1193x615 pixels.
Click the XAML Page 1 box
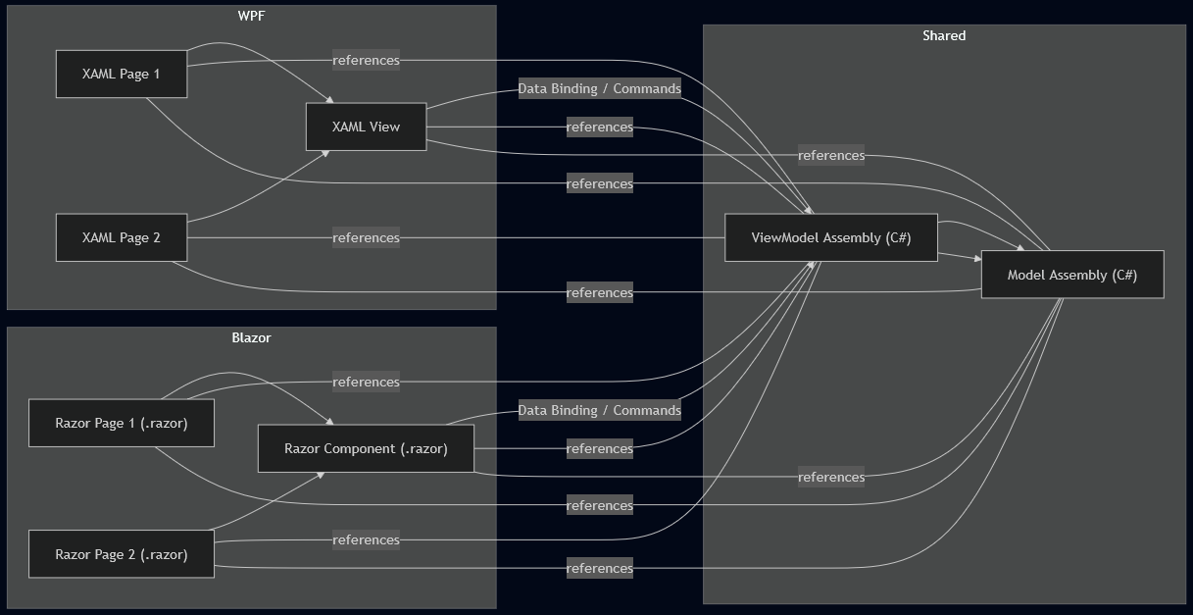(121, 74)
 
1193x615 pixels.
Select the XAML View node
(366, 127)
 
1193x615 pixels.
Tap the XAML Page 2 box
(121, 237)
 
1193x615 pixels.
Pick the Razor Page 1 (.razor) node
(121, 423)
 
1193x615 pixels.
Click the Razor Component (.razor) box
(366, 448)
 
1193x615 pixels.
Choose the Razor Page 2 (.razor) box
(121, 554)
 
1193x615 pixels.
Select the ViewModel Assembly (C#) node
(830, 237)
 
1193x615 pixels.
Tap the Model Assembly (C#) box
(1071, 275)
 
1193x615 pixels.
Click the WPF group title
(251, 16)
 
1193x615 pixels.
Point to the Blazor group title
(251, 337)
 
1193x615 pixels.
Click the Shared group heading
(943, 35)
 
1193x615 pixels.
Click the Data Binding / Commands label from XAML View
(599, 88)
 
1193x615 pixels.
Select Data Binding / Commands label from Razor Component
(599, 410)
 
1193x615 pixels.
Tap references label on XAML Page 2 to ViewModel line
(366, 237)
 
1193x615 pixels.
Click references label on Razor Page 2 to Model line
(599, 568)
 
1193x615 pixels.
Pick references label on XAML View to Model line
(830, 155)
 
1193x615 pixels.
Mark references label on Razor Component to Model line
(830, 477)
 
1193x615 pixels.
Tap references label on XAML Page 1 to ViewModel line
(366, 60)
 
